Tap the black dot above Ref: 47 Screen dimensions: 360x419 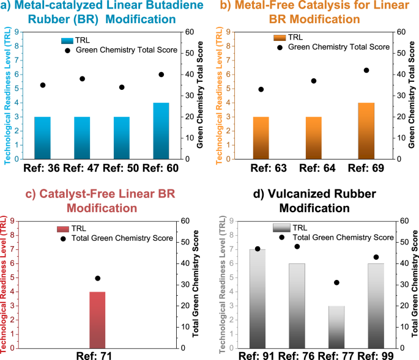point(82,79)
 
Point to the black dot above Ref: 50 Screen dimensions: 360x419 point(122,87)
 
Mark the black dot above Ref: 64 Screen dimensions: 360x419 point(314,81)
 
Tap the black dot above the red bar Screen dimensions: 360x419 point(97,278)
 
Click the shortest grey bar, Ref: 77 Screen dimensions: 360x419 point(337,326)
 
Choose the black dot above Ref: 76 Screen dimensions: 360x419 point(297,246)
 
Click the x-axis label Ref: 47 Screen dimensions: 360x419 point(82,167)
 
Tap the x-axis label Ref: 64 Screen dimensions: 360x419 point(314,167)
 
